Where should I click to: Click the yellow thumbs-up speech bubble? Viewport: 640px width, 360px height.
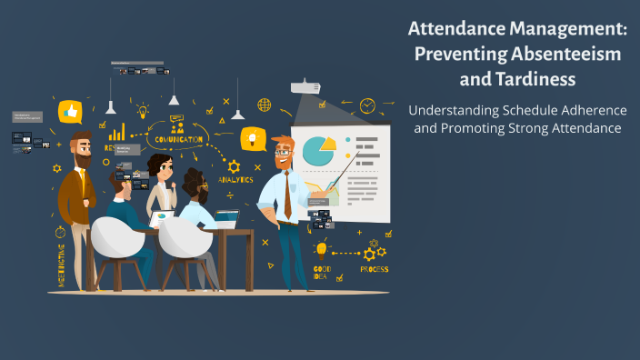coord(70,112)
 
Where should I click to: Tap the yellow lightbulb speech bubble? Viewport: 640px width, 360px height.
coord(252,139)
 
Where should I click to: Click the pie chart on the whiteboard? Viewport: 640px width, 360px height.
coord(319,151)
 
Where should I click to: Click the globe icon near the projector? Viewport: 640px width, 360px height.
coord(264,105)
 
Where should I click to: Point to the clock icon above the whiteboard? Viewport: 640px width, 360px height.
coord(367,106)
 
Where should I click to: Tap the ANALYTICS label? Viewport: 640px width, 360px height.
coord(235,179)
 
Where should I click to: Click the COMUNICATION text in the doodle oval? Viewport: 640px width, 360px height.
coord(178,139)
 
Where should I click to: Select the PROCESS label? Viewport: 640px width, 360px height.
coord(374,269)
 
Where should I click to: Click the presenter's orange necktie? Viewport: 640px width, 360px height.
coord(287,195)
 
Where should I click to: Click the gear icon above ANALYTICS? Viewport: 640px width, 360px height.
coord(234,166)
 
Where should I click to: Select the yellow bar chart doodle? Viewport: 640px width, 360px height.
coord(116,132)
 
